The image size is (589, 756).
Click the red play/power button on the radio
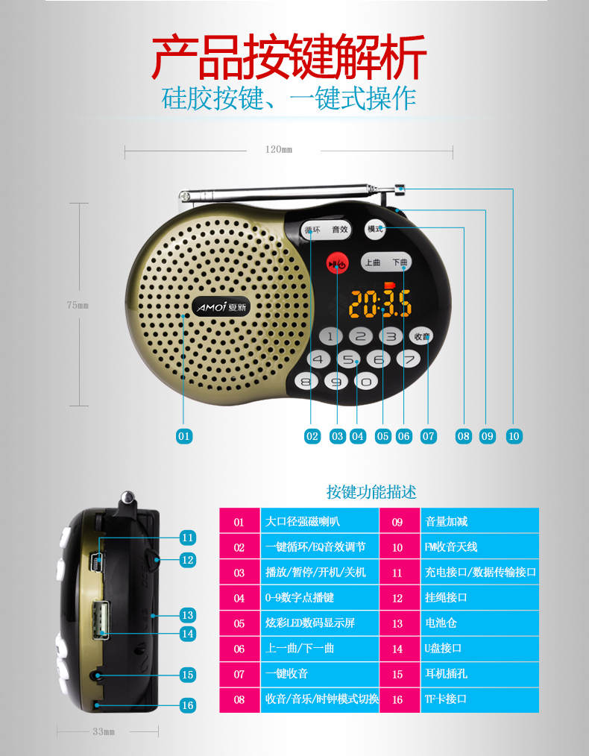pyautogui.click(x=337, y=264)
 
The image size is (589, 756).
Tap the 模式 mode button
pyautogui.click(x=375, y=229)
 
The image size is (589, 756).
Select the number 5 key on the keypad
pyautogui.click(x=348, y=359)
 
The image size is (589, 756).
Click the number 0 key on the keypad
pyautogui.click(x=366, y=382)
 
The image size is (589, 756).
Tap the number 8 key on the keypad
pyautogui.click(x=306, y=382)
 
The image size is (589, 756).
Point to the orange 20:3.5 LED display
pyautogui.click(x=380, y=303)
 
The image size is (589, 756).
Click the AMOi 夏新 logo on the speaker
pyautogui.click(x=221, y=306)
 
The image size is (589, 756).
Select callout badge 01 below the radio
pyautogui.click(x=184, y=436)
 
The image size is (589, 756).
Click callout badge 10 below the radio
pyautogui.click(x=514, y=436)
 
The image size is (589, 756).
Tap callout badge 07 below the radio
pyautogui.click(x=428, y=436)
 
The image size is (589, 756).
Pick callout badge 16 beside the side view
pyautogui.click(x=187, y=705)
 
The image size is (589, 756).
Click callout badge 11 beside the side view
pyautogui.click(x=187, y=537)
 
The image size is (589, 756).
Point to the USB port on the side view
pyautogui.click(x=101, y=620)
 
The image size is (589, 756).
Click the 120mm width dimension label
pyautogui.click(x=279, y=149)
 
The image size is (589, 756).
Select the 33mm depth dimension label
pyautogui.click(x=104, y=731)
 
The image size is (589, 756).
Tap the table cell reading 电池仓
pyautogui.click(x=479, y=623)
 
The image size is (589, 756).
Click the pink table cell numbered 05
pyautogui.click(x=239, y=623)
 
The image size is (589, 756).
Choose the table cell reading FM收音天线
pyautogui.click(x=479, y=546)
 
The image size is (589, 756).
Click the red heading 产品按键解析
pyautogui.click(x=289, y=57)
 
